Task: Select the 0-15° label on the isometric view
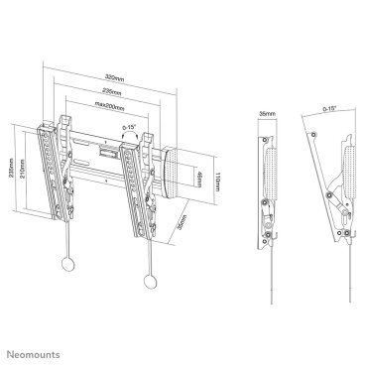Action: coord(128,127)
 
